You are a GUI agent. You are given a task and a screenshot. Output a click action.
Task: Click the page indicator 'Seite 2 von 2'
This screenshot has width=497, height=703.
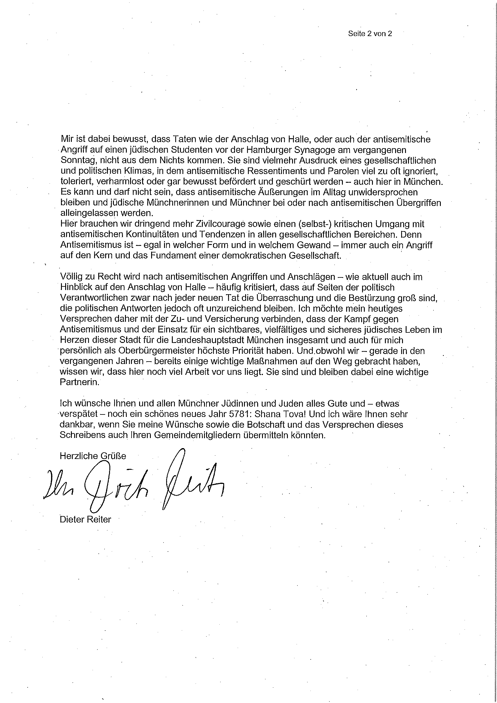(x=370, y=34)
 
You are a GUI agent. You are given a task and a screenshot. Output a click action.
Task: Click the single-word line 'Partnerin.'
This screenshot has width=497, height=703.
(x=80, y=382)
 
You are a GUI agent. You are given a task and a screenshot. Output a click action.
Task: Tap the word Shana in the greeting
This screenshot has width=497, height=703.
(x=267, y=414)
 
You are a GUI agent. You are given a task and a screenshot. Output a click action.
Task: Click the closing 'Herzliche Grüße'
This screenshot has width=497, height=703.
(x=93, y=456)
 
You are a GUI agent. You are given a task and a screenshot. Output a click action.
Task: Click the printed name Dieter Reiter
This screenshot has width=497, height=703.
(x=85, y=520)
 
